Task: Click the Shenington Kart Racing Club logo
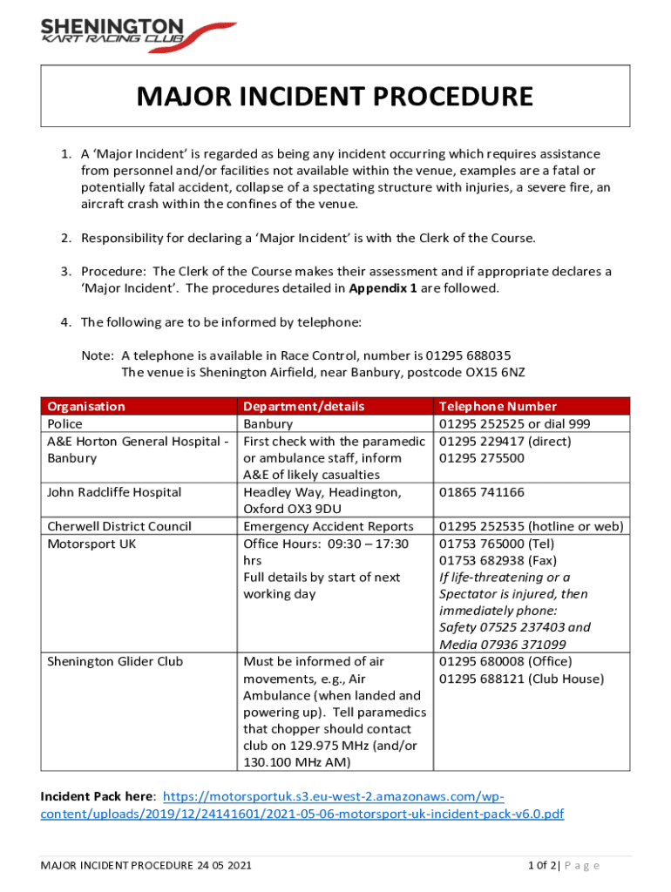[x=125, y=32]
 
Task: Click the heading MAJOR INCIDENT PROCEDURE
[x=335, y=96]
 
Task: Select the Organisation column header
[x=85, y=406]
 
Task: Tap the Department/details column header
[x=303, y=406]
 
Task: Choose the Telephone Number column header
[x=498, y=406]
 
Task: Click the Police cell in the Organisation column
[x=64, y=423]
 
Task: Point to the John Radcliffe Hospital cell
[x=114, y=492]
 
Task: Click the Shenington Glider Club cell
[x=115, y=661]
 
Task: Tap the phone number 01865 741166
[x=482, y=492]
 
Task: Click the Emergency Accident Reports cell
[x=329, y=526]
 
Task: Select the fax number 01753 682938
[x=481, y=560]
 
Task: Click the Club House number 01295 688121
[x=482, y=679]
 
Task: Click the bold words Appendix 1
[x=382, y=288]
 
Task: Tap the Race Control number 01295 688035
[x=468, y=355]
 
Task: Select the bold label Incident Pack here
[x=98, y=796]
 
